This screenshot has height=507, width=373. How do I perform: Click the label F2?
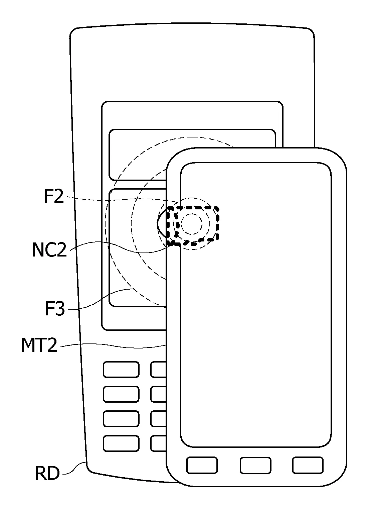tap(53, 196)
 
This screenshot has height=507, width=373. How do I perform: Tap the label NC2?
tap(49, 249)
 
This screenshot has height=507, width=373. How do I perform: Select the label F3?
tap(55, 308)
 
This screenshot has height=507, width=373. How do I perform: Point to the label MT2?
tap(39, 345)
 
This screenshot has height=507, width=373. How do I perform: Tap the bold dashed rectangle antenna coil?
tap(193, 207)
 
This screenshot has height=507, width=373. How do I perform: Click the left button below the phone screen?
tap(202, 465)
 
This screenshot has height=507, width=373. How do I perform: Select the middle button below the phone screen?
tap(255, 465)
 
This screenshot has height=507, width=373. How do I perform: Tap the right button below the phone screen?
tap(308, 465)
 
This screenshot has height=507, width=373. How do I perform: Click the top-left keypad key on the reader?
tap(121, 370)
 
